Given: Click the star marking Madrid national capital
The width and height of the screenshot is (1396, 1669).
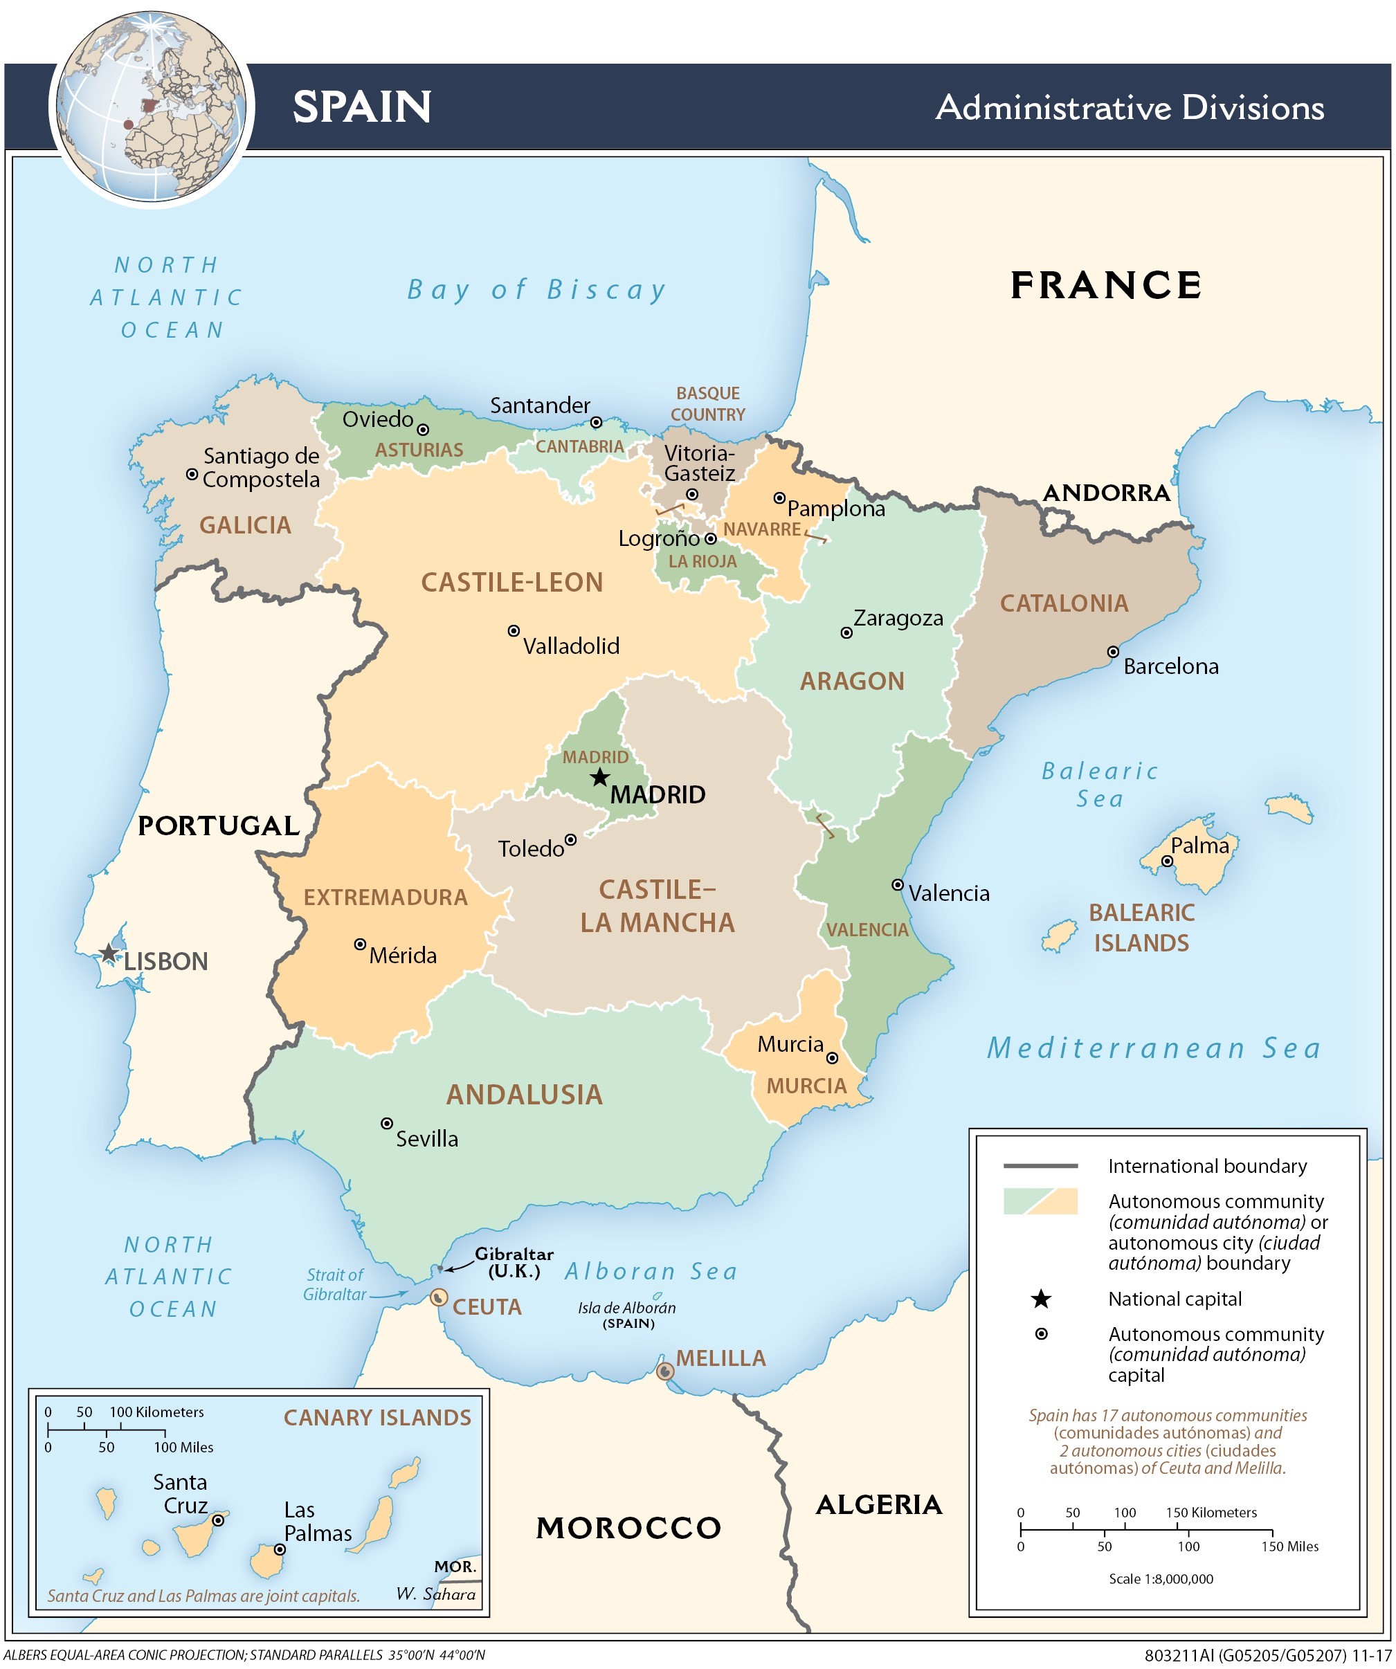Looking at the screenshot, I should point(600,777).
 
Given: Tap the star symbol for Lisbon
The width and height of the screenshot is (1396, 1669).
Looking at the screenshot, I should point(109,953).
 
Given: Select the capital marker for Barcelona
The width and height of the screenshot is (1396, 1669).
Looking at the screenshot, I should point(1113,652).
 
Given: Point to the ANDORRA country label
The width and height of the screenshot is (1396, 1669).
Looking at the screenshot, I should point(1106,493).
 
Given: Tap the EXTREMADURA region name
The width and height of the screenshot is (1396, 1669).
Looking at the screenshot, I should point(386,897).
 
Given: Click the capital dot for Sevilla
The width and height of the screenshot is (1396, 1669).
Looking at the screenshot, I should point(386,1123).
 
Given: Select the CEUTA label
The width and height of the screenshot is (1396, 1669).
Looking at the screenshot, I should point(487,1306).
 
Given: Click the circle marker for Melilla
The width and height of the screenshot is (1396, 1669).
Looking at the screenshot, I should point(665,1371).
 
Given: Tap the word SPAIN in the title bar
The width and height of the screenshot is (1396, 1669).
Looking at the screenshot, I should point(362,107).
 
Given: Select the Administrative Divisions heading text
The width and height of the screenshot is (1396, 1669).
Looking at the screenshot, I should point(1129,107).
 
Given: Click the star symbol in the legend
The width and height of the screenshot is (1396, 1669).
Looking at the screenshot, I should point(1041,1299).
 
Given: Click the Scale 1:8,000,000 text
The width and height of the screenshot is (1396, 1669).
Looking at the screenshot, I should point(1161,1578).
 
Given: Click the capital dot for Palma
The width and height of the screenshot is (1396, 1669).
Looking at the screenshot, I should point(1167,861).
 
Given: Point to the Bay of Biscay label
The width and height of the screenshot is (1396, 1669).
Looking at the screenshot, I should point(536,290).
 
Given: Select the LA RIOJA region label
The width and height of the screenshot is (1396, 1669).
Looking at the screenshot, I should point(702,561).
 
